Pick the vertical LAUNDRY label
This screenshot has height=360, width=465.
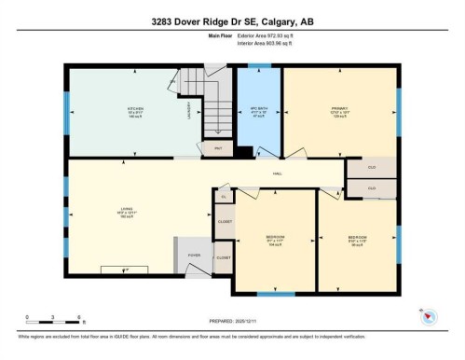(x=189, y=113)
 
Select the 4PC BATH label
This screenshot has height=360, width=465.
(x=259, y=111)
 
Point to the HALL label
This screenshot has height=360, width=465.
(x=277, y=173)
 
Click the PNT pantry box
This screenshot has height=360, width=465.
(x=218, y=147)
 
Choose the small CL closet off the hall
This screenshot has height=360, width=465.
(x=224, y=197)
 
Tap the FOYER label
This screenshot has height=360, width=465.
(x=195, y=255)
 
